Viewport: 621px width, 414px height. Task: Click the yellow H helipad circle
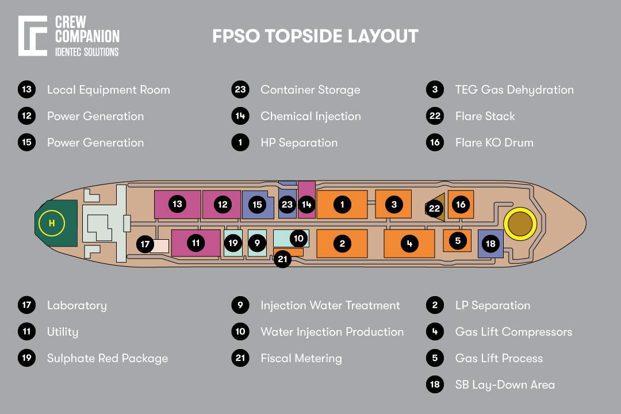[51, 224]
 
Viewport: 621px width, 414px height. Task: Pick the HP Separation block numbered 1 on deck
[342, 204]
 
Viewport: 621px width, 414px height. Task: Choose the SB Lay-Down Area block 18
[490, 244]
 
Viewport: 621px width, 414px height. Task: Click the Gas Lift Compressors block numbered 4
[409, 243]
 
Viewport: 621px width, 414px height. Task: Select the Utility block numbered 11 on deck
[196, 243]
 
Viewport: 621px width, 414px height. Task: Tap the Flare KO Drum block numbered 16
[461, 204]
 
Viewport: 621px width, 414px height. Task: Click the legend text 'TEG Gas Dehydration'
[514, 90]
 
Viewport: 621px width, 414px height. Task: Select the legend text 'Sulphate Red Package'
[108, 358]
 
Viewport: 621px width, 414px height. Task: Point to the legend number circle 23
[240, 90]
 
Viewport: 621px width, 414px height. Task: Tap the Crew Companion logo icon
[33, 36]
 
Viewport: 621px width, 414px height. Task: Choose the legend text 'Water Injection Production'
[332, 332]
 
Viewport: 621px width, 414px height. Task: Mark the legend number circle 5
[435, 358]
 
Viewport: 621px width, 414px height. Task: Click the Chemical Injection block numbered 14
[306, 199]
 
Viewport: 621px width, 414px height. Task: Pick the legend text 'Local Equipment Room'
[108, 90]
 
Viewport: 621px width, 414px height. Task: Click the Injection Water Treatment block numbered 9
[257, 243]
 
